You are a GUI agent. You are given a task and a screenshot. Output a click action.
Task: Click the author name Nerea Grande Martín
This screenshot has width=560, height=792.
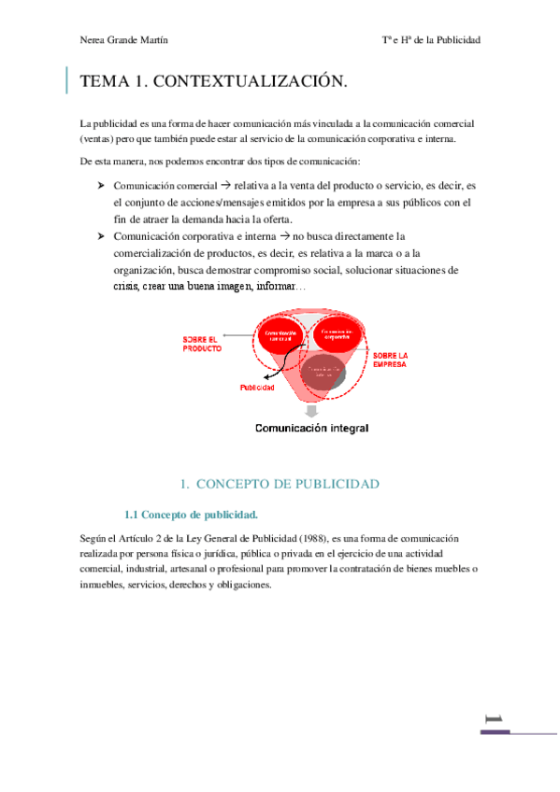coord(124,40)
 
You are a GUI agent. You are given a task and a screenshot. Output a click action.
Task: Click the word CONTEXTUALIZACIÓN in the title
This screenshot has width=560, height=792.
coord(249,82)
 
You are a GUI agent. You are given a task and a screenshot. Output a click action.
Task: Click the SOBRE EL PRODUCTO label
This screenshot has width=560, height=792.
coord(202,343)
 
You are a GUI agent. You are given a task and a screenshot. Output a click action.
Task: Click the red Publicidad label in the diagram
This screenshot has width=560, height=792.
coord(257,387)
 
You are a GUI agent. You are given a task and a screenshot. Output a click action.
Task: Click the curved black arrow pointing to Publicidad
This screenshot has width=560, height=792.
coord(271,369)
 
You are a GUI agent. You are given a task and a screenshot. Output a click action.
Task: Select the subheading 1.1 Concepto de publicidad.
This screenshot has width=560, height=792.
coord(191,514)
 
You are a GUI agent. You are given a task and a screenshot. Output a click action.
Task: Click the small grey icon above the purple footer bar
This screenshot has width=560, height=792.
coord(494,719)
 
